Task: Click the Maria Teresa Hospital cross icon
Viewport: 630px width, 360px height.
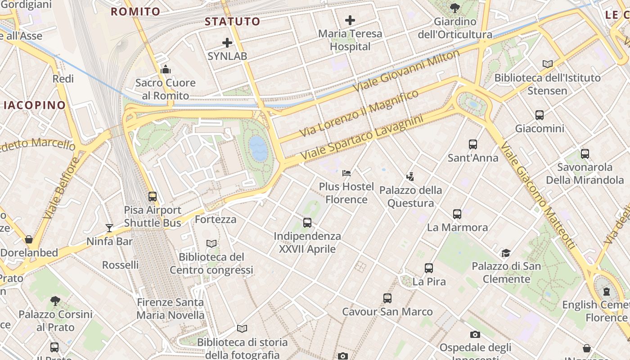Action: point(350,20)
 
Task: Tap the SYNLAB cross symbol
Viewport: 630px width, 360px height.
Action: point(227,43)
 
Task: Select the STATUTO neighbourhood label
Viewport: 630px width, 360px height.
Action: point(232,21)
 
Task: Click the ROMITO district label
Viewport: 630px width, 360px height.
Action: point(135,12)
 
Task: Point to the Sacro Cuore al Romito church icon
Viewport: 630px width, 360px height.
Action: point(166,69)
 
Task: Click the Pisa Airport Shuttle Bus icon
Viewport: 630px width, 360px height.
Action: point(153,197)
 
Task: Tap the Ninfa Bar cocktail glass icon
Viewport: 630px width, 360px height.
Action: point(109,228)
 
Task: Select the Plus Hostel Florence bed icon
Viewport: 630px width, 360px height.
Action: point(346,173)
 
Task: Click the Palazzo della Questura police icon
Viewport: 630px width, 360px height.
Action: point(410,176)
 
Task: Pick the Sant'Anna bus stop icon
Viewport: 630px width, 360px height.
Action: point(472,144)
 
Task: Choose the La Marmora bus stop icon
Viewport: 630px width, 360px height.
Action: point(457,214)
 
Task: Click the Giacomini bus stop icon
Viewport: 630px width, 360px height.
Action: point(540,115)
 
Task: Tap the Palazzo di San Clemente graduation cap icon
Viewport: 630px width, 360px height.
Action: point(506,253)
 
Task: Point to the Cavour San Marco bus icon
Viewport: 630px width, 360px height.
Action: point(387,298)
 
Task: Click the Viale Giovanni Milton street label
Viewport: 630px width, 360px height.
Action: point(407,71)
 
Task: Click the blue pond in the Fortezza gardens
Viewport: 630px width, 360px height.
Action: point(259,148)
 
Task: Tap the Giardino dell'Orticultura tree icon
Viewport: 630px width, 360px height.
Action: point(454,8)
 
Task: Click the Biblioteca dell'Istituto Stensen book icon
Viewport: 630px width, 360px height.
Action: point(547,64)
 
